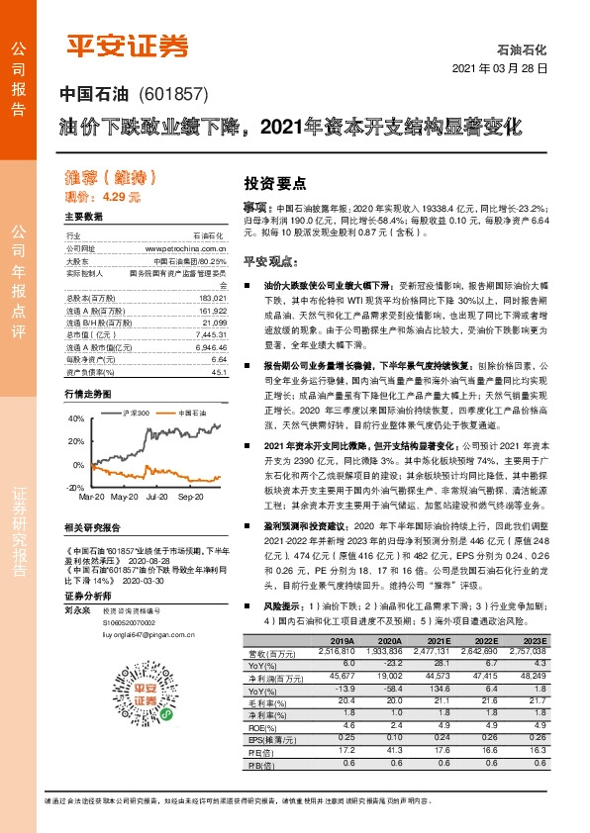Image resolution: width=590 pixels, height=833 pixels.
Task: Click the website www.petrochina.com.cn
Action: (x=186, y=248)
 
